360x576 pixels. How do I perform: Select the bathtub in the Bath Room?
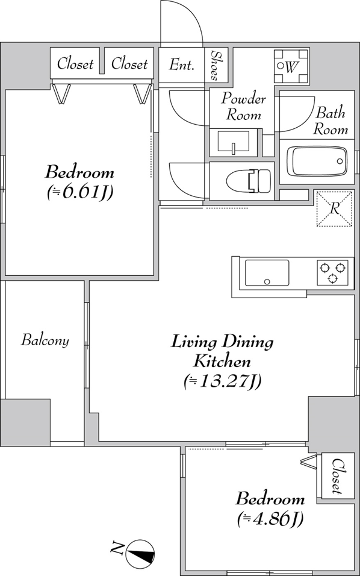(x=317, y=161)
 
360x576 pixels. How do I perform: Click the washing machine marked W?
(x=291, y=66)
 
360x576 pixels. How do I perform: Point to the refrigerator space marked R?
(x=334, y=208)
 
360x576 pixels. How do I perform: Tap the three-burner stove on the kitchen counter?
(x=333, y=272)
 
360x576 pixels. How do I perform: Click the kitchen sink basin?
(x=267, y=272)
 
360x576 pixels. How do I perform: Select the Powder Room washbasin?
(x=234, y=141)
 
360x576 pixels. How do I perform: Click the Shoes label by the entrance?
(x=216, y=66)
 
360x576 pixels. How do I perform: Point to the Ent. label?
(x=181, y=65)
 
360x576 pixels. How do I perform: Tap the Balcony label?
(x=45, y=340)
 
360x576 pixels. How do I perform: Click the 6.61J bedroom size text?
(x=79, y=192)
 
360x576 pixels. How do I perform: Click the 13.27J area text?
(x=222, y=381)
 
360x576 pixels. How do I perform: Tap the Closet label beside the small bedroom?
(x=338, y=476)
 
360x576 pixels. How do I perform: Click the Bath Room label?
(x=331, y=121)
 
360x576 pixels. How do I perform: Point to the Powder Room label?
(x=243, y=107)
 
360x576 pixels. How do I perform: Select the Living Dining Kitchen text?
(x=222, y=351)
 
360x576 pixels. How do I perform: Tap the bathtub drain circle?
(x=340, y=161)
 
